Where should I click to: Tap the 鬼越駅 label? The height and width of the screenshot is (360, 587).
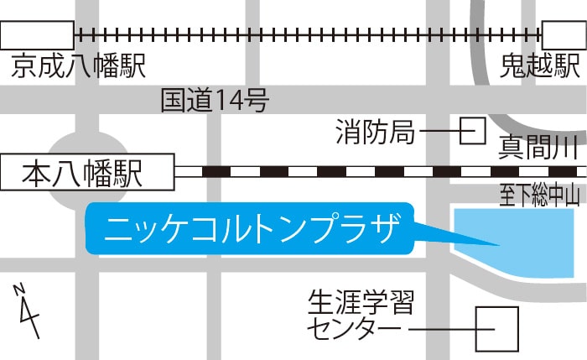pos(540,67)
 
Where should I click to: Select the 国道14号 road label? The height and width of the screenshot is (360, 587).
pos(215,102)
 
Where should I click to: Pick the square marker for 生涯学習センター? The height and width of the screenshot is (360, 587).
pos(496,329)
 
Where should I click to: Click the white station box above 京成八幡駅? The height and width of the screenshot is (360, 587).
pos(37,35)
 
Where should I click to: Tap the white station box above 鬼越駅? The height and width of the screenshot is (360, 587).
pos(564,35)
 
